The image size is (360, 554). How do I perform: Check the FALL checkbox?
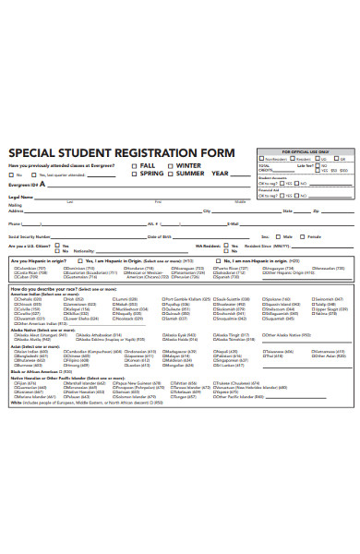[x=135, y=165]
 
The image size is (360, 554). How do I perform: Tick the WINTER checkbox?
[x=172, y=165]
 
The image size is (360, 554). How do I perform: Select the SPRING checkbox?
[x=135, y=174]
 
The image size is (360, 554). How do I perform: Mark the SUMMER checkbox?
[x=172, y=174]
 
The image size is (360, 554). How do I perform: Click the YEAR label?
[x=219, y=174]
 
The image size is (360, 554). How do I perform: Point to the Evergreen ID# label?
[x=22, y=185]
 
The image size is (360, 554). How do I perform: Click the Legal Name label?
[x=21, y=197]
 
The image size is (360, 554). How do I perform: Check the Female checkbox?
[x=304, y=236]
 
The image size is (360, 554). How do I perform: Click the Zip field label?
[x=316, y=211]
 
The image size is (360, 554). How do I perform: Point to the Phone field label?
[x=14, y=223]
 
